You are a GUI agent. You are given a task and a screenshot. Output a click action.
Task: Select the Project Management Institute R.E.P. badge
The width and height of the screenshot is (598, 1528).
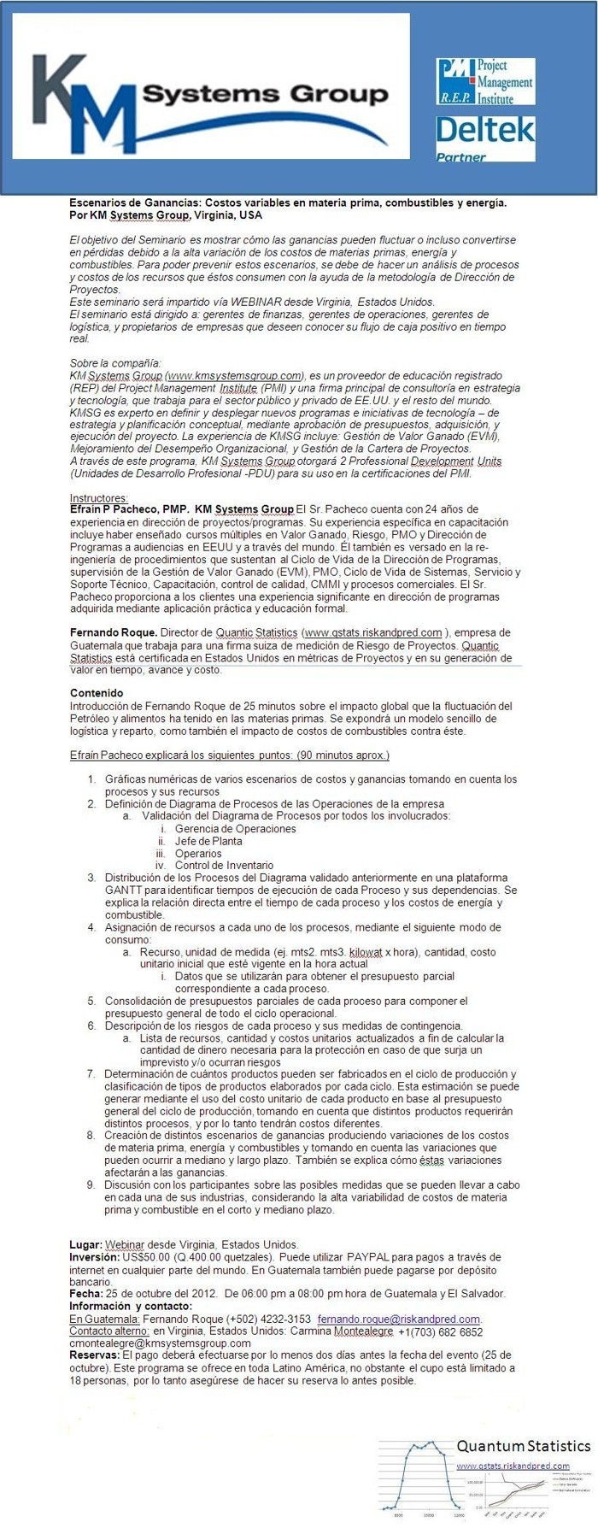485,82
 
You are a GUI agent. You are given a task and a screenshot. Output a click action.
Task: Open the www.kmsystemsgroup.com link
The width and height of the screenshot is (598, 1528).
235,375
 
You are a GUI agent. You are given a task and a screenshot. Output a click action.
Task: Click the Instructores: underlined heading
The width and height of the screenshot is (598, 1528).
98,498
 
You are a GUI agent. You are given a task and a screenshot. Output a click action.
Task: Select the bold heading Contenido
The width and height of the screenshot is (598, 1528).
97,693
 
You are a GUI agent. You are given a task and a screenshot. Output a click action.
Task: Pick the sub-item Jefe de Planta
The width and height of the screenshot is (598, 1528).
208,841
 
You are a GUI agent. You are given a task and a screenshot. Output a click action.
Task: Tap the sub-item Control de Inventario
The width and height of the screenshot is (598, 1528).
224,866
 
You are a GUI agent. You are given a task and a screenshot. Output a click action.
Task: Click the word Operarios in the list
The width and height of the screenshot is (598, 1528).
198,854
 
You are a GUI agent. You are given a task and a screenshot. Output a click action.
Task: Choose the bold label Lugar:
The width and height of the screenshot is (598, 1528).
85,1245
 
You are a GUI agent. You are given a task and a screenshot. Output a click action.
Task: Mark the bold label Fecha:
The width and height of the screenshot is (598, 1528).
86,1294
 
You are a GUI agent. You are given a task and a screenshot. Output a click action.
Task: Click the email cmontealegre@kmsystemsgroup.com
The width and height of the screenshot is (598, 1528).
160,1343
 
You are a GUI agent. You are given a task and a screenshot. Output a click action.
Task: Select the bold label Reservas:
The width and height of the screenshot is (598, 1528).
94,1355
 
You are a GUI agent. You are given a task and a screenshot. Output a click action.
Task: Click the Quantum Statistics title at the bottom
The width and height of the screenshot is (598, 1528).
523,1446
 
